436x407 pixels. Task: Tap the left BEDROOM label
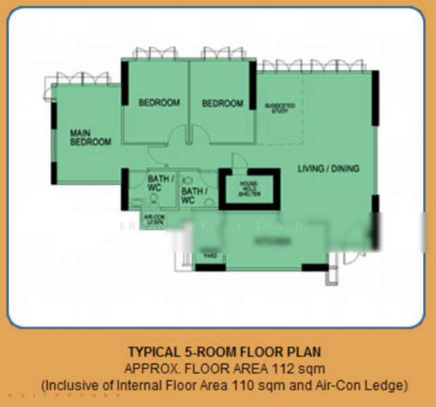[159, 103]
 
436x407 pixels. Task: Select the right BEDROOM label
[222, 104]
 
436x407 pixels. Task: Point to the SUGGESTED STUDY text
[280, 109]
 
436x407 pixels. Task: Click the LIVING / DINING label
[328, 169]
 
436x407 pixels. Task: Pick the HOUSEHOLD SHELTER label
[249, 189]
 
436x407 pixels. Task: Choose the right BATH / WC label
[194, 196]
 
